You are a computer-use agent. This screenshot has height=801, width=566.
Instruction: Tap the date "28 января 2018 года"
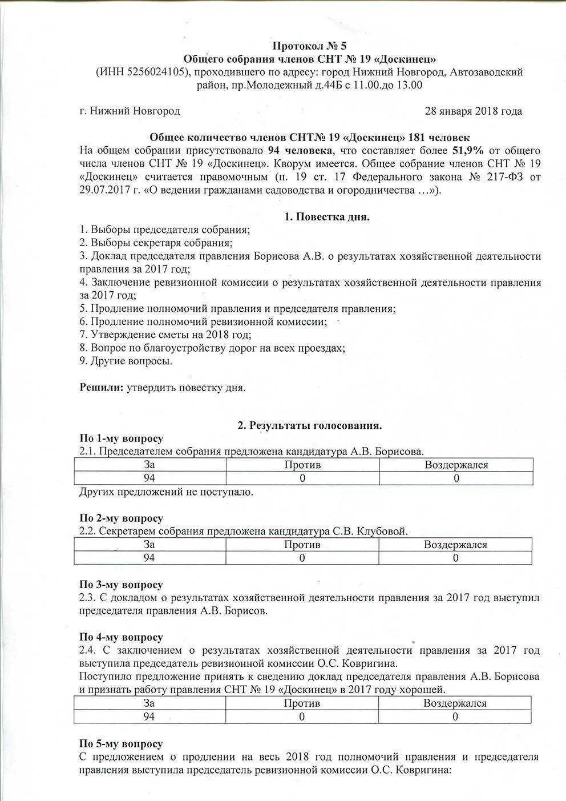pos(473,111)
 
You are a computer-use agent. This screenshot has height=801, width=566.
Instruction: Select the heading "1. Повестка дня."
pos(327,217)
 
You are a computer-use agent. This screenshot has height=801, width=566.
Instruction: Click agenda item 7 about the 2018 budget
pos(165,335)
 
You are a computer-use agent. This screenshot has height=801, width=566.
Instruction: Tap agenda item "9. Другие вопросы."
pos(126,361)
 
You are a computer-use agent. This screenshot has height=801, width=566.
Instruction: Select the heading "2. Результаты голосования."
pos(309,425)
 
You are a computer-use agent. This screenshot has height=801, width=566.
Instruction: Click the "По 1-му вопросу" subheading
pos(121,438)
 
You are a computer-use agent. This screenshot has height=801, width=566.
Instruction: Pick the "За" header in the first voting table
pos(150,465)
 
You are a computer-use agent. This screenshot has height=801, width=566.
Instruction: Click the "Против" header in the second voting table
pos(302,545)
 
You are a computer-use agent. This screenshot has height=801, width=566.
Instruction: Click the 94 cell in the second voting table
pos(149,558)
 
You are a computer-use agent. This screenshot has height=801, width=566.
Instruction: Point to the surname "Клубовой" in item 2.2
pos(382,532)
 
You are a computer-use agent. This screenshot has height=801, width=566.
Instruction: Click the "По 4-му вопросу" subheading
pos(121,637)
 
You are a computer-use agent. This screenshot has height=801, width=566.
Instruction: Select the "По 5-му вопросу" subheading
pos(121,744)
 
